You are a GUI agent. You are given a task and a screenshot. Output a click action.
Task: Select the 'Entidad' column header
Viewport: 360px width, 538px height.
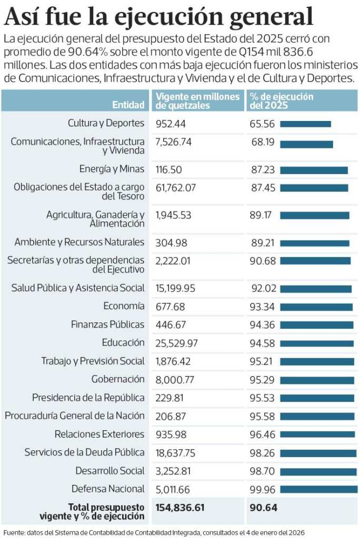tap(128, 105)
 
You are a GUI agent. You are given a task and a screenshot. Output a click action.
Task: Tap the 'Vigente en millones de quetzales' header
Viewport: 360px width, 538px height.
tap(197, 100)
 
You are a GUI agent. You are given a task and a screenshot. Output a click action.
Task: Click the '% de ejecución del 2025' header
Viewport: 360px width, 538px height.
tap(282, 100)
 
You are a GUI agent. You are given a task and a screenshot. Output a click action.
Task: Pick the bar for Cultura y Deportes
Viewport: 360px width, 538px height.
tap(305, 124)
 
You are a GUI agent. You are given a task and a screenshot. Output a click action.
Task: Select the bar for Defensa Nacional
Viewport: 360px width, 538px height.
tap(318, 489)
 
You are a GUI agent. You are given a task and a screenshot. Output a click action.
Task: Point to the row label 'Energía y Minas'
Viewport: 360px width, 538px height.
tap(112, 169)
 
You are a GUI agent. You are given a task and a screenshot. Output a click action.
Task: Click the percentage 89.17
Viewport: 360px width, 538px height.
tap(262, 215)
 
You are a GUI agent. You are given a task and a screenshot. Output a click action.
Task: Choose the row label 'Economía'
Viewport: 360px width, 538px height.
tap(124, 306)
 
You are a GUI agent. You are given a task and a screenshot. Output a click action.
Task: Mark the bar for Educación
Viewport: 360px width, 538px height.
tap(317, 343)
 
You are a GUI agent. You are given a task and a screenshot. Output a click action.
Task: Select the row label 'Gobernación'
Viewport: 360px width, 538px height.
tap(118, 379)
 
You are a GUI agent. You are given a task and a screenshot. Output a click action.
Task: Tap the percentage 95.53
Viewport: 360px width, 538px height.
tap(262, 398)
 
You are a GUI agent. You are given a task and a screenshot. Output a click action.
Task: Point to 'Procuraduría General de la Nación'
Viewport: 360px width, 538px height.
tap(75, 416)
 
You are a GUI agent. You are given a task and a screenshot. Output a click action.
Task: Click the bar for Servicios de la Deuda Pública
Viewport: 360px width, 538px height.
tap(318, 453)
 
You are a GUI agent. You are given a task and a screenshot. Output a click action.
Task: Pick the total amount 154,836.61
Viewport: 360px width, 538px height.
tap(180, 507)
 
